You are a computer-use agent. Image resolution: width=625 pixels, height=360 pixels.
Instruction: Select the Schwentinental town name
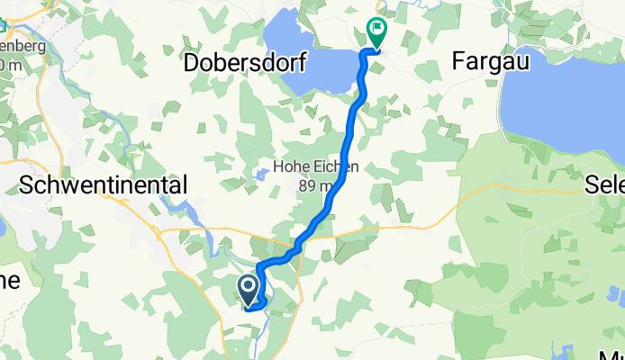pos(104,184)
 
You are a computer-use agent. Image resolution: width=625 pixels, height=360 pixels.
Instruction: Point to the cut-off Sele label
pos(604,184)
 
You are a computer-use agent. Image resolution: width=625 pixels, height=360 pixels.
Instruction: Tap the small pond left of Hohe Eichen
pos(259,174)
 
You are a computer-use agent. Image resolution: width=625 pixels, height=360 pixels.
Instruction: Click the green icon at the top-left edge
pos(4,25)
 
